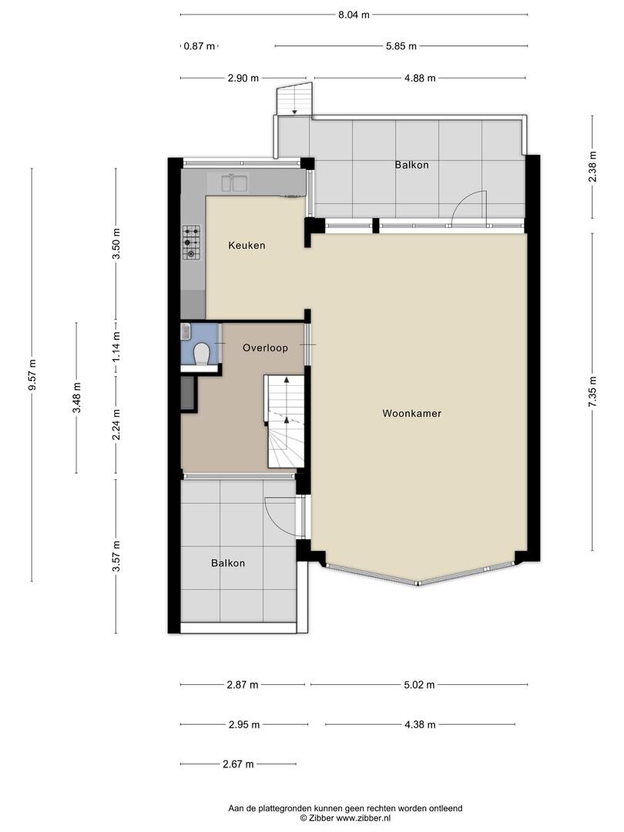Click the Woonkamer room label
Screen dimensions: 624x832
411,414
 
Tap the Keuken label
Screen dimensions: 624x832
247,245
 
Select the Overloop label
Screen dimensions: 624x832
265,347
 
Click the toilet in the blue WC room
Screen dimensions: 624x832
201,354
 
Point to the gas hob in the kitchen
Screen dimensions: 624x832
192,242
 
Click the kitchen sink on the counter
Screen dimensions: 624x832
234,183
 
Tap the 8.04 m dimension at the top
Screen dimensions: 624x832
354,15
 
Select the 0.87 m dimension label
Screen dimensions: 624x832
200,46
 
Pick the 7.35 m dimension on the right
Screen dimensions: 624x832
592,391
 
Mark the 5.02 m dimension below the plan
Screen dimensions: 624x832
419,685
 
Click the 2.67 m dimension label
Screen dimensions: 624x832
238,764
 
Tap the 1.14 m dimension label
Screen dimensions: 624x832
117,347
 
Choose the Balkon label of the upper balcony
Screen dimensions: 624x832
411,165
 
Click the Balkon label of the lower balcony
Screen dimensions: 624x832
228,563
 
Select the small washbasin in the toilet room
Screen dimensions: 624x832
186,332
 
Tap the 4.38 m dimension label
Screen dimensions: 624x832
420,724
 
